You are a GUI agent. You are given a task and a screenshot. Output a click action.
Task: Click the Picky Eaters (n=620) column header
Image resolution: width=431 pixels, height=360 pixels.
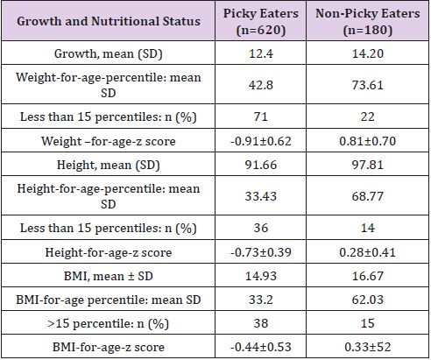(x=261, y=22)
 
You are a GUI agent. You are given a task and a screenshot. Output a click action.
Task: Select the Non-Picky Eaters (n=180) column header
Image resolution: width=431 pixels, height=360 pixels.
(x=368, y=22)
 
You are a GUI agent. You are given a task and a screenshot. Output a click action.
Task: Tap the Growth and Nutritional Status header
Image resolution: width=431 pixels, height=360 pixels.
(x=109, y=21)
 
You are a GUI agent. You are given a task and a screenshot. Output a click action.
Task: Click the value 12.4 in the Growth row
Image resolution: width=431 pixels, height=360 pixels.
(x=261, y=53)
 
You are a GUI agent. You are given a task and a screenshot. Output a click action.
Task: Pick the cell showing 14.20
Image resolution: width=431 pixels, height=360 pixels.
(x=368, y=53)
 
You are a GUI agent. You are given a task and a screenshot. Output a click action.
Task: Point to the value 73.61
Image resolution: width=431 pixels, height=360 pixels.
(x=368, y=85)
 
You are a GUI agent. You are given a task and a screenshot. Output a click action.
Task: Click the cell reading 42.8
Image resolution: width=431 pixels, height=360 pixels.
(x=261, y=85)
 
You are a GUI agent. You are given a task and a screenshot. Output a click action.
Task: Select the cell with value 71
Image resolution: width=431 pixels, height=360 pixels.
(x=261, y=116)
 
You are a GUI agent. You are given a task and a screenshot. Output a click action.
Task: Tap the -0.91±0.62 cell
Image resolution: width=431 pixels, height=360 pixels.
(x=261, y=141)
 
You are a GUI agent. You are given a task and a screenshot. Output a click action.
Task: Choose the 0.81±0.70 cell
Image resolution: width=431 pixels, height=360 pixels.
(x=368, y=141)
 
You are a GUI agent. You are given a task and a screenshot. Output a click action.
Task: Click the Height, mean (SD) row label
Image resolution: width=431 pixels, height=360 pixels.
(x=109, y=165)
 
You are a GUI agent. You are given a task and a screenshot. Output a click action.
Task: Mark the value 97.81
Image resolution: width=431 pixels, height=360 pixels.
(x=368, y=165)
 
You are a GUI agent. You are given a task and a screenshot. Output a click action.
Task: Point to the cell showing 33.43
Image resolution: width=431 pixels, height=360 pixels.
(x=261, y=196)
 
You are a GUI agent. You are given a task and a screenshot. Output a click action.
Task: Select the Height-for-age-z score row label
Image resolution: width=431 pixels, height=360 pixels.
(x=109, y=252)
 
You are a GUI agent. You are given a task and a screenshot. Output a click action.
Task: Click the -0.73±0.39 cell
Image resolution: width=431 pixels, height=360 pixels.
(x=261, y=252)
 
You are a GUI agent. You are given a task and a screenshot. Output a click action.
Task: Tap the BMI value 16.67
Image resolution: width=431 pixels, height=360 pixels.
(x=368, y=276)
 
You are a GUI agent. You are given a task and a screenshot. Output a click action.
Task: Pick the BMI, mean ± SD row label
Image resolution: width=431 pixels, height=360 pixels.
(x=109, y=276)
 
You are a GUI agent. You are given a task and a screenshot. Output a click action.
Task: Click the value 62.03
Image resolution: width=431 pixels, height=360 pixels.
(x=368, y=300)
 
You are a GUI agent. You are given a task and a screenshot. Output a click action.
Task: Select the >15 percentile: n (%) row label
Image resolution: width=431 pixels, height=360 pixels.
(x=109, y=324)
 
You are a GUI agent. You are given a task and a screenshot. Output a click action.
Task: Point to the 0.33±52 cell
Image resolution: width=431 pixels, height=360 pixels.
(x=368, y=347)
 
